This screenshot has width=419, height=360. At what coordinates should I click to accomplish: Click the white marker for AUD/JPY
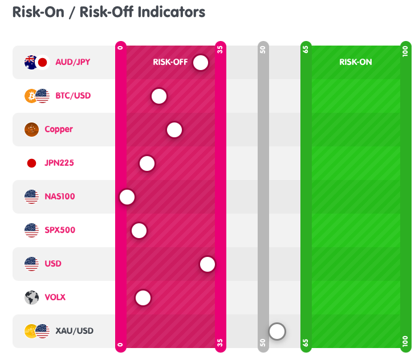tap(201, 63)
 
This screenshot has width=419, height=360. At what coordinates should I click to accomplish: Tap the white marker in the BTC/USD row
tap(159, 96)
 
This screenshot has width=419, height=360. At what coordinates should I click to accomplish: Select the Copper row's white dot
tap(174, 130)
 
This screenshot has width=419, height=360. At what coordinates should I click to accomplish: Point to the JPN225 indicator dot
tap(147, 163)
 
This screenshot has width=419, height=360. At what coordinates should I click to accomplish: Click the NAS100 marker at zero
tap(127, 197)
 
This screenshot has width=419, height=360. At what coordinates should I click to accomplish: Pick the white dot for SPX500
tap(139, 231)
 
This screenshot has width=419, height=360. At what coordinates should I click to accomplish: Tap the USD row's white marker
tap(208, 264)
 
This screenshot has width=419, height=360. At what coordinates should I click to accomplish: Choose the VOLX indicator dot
tap(143, 298)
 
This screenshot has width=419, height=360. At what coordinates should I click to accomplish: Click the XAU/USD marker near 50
tap(277, 331)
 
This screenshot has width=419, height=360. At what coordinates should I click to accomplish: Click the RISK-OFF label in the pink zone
tap(170, 62)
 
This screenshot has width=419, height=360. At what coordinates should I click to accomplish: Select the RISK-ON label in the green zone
tap(355, 62)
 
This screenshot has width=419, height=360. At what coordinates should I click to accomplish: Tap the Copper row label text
tap(59, 129)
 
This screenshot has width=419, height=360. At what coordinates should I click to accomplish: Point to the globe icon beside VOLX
tap(31, 297)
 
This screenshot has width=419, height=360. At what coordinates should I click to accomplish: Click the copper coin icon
tap(31, 129)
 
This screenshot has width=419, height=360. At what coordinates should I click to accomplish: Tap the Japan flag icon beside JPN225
tap(31, 163)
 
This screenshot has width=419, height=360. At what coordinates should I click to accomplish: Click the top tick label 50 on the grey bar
tap(263, 49)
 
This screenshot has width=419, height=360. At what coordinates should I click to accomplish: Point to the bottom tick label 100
tap(405, 342)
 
